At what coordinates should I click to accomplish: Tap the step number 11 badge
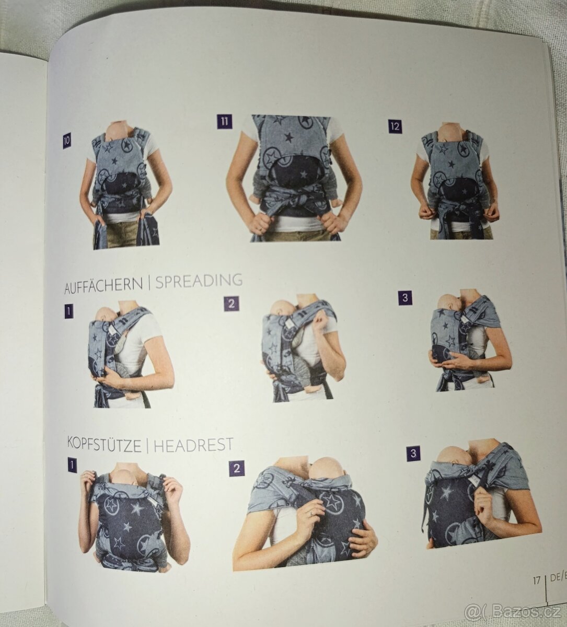coord(224,121)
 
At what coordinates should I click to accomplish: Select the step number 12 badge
coord(395,126)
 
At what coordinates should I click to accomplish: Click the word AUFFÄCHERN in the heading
coord(103,285)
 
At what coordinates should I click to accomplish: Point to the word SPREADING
coord(199,281)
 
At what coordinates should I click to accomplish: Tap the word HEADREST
coord(193,444)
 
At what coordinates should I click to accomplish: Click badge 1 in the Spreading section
coord(69,311)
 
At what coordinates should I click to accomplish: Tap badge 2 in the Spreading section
coord(231,304)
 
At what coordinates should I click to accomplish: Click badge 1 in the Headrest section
coord(72,465)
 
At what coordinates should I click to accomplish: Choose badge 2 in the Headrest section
coord(236,468)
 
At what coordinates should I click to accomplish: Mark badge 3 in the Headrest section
coord(413,454)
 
